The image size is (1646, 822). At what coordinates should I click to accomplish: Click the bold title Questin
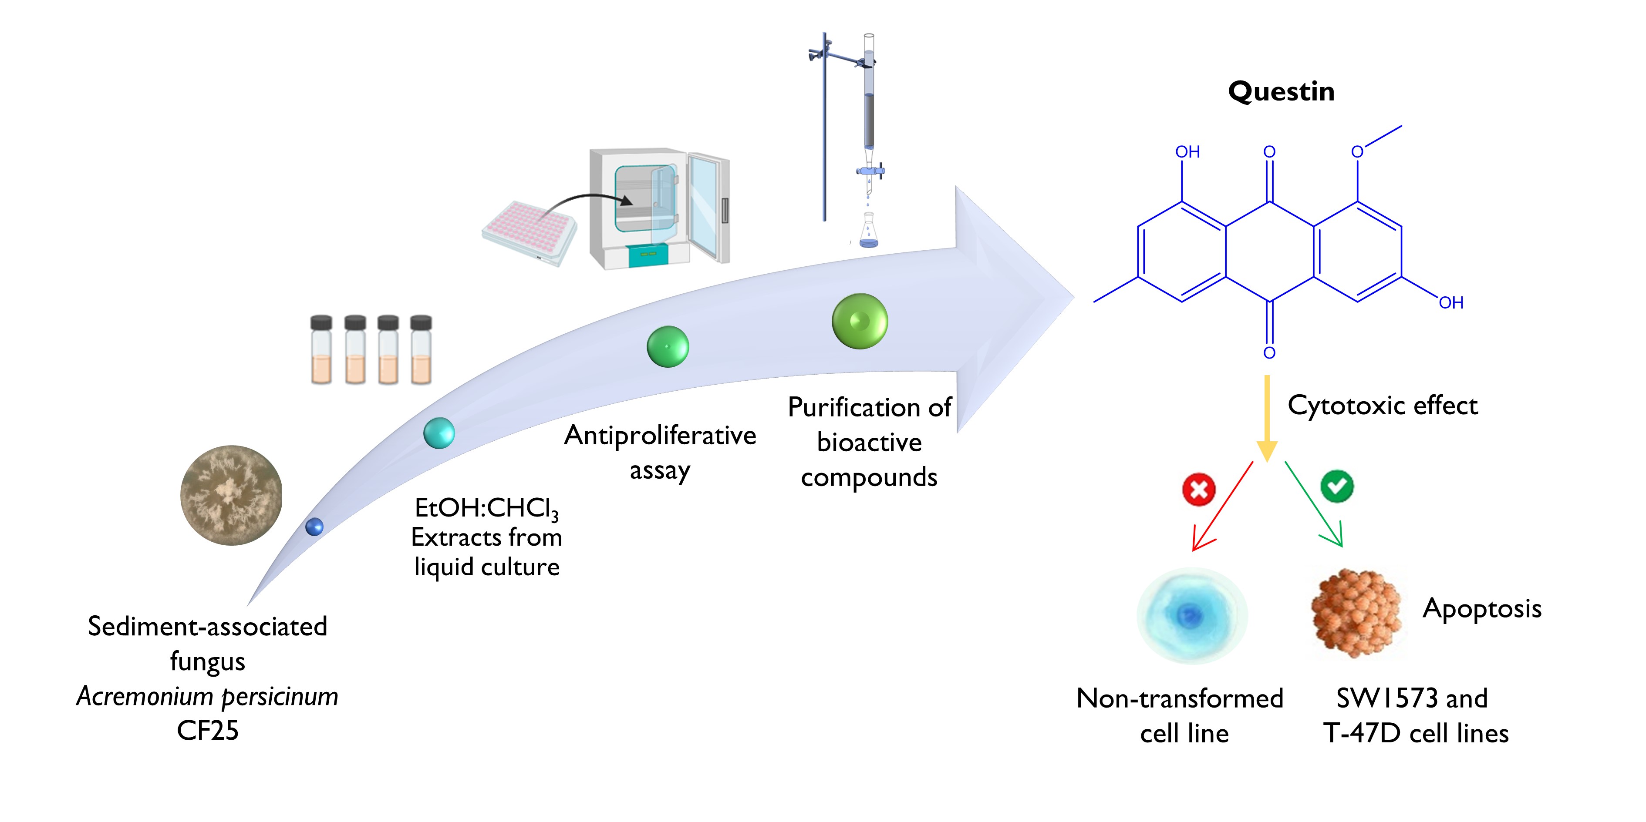click(x=1281, y=91)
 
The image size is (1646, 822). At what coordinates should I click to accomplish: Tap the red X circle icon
click(x=1199, y=490)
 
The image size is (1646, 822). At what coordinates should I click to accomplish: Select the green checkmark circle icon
click(x=1337, y=486)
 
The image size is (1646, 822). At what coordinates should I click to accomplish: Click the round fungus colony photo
click(x=231, y=495)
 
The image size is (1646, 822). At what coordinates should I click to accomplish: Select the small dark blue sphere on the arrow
click(x=314, y=527)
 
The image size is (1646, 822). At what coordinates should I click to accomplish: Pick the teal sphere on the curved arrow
click(x=439, y=433)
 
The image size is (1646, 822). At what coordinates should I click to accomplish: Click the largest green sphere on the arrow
click(x=860, y=321)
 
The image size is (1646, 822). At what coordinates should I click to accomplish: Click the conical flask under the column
click(x=868, y=232)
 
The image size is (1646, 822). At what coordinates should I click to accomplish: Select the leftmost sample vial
click(x=321, y=350)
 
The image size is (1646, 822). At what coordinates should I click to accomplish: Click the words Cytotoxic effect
click(x=1382, y=406)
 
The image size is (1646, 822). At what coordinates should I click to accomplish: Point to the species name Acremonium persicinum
click(x=207, y=696)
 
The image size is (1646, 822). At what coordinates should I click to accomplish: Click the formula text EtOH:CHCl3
click(x=486, y=508)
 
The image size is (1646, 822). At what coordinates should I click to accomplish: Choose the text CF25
click(x=207, y=731)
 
